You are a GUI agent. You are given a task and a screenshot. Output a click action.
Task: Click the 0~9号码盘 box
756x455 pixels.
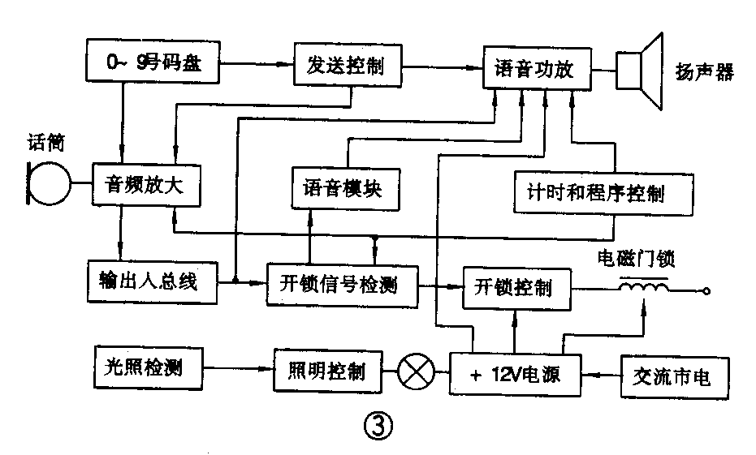point(153,63)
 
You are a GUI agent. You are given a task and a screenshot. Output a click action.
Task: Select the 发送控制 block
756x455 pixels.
point(348,66)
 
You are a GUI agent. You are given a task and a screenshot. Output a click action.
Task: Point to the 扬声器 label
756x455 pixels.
point(704,72)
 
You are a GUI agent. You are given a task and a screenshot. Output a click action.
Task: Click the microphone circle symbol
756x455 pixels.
point(50,183)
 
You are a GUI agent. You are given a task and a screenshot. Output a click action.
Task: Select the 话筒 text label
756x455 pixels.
point(45,144)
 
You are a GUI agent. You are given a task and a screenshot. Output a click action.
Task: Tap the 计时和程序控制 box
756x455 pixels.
point(603,193)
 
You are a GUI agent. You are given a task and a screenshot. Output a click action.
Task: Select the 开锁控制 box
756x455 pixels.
point(516,287)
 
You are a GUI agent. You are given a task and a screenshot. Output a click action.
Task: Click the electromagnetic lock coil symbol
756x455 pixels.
point(644,285)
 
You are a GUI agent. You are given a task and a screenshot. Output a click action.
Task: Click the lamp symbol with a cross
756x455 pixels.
point(415,373)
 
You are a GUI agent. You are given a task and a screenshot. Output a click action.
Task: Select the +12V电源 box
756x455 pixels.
point(515,376)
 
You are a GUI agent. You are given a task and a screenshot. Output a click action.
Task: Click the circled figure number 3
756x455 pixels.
point(378,425)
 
